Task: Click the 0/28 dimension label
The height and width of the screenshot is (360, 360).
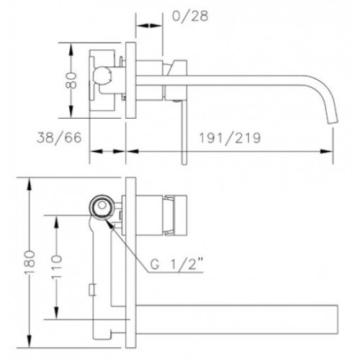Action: point(190,17)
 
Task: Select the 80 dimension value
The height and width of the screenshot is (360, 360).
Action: point(71,81)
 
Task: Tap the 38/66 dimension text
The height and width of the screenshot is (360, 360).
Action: point(59,138)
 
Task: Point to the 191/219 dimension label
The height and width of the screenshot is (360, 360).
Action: point(230,138)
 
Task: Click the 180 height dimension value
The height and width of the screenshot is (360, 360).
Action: point(30,262)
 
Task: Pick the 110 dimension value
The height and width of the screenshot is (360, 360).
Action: point(57,267)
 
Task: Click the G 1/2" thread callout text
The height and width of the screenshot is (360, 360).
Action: point(177,264)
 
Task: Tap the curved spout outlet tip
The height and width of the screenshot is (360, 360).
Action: point(333,122)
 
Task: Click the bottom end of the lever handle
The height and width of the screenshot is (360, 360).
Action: point(184,164)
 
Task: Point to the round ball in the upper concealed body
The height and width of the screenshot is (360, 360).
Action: point(102,75)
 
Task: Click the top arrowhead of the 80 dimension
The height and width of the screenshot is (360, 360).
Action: point(71,49)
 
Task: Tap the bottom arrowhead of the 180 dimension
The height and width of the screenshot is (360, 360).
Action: point(30,341)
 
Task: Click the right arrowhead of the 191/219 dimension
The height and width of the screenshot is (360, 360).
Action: point(327,151)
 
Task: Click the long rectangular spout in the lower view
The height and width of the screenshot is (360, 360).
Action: point(237,320)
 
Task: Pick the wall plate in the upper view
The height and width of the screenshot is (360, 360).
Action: point(131,80)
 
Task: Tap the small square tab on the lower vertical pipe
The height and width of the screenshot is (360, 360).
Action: point(92,289)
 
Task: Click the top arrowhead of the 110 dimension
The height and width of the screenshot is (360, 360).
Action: point(57,222)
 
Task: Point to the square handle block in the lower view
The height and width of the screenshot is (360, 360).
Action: point(175,215)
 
